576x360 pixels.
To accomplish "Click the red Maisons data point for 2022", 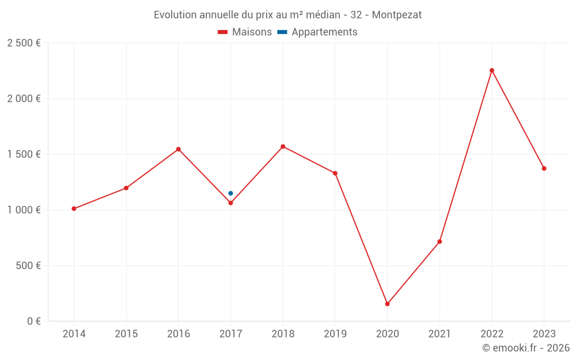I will tap(492, 70).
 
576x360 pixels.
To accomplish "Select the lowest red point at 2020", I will tap(387, 304).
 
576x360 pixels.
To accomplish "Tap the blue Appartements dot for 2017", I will tap(230, 194).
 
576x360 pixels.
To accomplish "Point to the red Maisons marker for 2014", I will tap(74, 209).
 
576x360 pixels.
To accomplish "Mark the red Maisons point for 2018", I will tap(283, 146).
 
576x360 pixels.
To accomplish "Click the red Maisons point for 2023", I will tap(544, 168).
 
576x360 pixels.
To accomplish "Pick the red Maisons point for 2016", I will tap(179, 149).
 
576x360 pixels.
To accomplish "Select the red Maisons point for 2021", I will tap(439, 241).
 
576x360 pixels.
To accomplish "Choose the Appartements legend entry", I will tap(324, 32).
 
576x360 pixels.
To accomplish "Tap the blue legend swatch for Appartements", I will tap(282, 32).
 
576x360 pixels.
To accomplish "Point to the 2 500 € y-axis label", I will tap(24, 43).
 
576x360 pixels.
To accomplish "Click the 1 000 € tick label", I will tap(24, 210).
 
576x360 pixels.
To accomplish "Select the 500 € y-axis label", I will tap(28, 266).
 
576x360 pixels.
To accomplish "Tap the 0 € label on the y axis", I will tap(34, 321).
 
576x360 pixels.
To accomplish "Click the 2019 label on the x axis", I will tap(335, 334).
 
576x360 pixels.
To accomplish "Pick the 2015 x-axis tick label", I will tap(126, 334).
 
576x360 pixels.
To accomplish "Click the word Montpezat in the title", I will tap(396, 15).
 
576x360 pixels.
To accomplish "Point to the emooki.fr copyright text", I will tap(525, 348).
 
